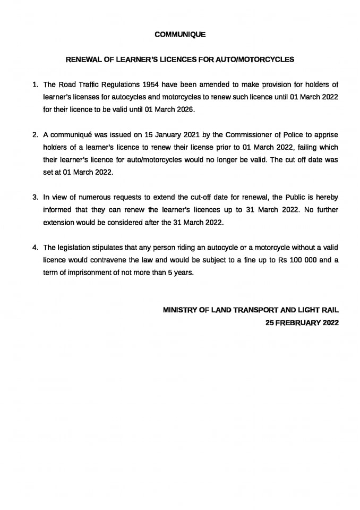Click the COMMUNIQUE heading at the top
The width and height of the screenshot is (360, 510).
point(180,34)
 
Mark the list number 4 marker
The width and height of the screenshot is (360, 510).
point(35,248)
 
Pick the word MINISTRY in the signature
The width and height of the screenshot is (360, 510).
point(179,310)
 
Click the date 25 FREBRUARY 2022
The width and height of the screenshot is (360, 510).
point(302,322)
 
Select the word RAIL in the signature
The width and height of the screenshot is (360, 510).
point(329,310)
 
